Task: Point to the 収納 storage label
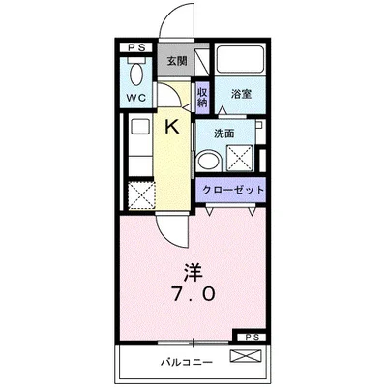coord(202,97)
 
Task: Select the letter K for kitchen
coord(172,125)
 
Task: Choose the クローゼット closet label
coord(232,190)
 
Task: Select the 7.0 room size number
coord(193,291)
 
